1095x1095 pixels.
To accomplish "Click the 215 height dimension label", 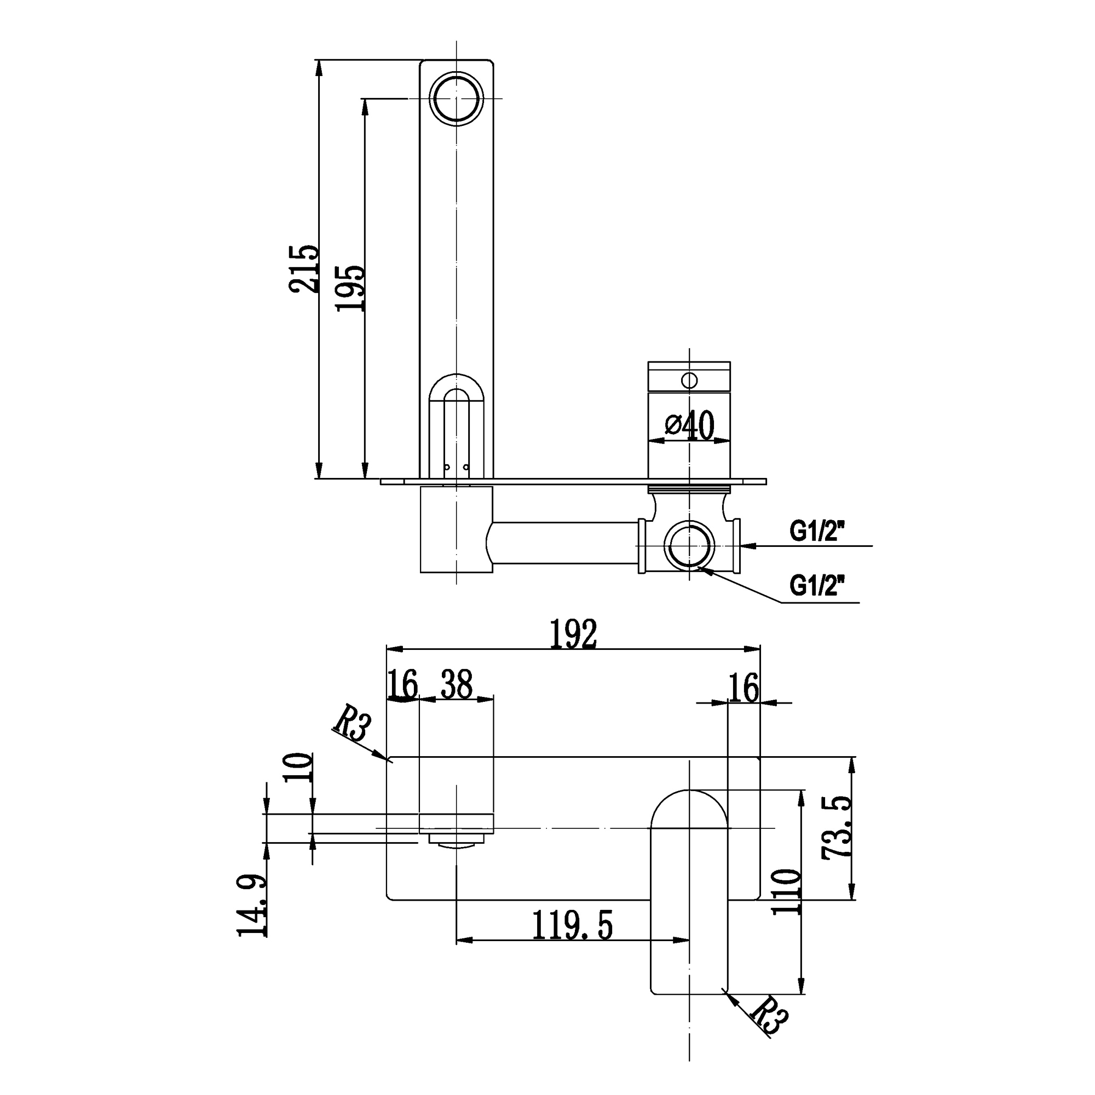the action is point(303,268).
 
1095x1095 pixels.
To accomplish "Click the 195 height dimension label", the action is point(350,287).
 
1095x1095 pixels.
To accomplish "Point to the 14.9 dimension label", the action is point(252,906).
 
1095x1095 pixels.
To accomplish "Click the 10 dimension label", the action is point(298,767).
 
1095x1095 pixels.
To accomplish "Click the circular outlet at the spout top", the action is point(456,98).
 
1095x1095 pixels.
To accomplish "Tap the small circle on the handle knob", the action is point(689,380).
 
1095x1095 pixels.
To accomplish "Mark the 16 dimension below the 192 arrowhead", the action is point(743,688).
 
